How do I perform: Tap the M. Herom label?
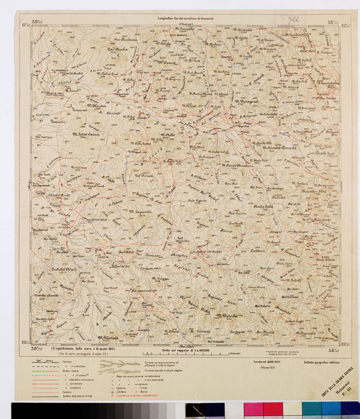97,106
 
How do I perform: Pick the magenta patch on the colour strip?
253,409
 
